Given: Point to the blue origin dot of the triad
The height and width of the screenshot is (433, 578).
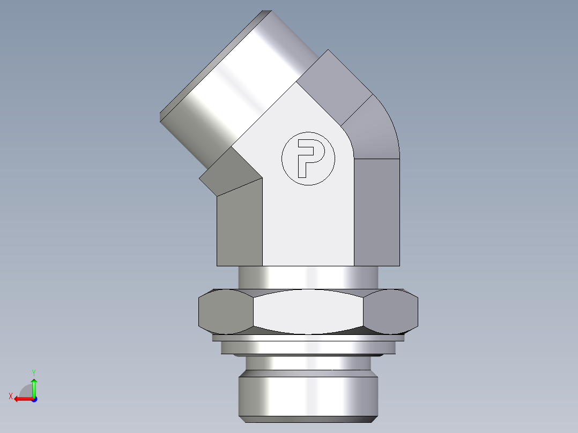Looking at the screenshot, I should (34, 399).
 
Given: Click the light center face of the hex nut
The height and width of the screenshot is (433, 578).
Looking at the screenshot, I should (308, 312).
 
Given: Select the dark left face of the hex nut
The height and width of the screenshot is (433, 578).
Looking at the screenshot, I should (226, 311).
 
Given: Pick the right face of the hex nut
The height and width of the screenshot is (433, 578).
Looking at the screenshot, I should (391, 311).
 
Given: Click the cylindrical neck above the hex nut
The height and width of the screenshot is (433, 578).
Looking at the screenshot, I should (308, 278).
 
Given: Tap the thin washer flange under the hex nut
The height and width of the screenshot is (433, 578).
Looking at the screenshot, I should (308, 338).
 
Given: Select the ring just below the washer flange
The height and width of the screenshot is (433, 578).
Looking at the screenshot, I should (308, 348).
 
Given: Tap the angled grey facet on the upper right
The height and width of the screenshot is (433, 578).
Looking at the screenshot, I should (332, 86).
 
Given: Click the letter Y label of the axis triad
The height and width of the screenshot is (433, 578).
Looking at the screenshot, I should (33, 371).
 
